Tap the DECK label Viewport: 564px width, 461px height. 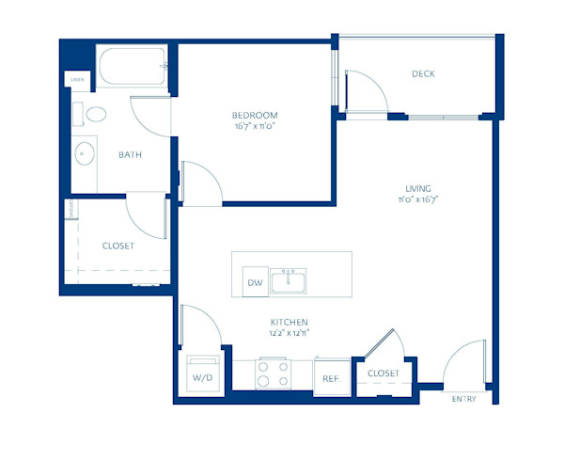tap(422, 74)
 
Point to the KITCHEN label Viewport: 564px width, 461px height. tap(289, 322)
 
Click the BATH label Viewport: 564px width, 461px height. tap(130, 156)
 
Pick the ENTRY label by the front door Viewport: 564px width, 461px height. tap(464, 399)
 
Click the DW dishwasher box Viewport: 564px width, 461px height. tap(254, 282)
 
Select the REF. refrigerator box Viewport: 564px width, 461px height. tap(330, 378)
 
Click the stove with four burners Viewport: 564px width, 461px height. tap(272, 374)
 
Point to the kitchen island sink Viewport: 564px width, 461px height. tap(290, 281)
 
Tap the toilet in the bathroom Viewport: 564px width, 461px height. tap(94, 116)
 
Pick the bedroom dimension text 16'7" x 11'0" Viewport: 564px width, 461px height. tap(256, 125)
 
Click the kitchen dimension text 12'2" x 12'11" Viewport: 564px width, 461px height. tap(289, 332)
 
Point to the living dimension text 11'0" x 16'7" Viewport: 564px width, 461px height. tap(417, 199)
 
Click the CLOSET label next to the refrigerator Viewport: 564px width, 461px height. tap(383, 374)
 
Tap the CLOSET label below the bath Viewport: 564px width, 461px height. tap(117, 246)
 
